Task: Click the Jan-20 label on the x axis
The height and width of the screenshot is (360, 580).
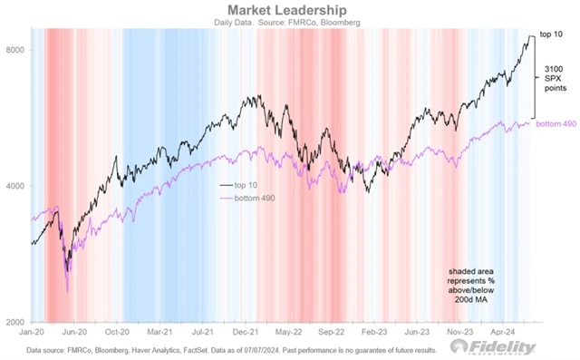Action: pos(33,334)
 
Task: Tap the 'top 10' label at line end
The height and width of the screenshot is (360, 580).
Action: pos(554,35)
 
